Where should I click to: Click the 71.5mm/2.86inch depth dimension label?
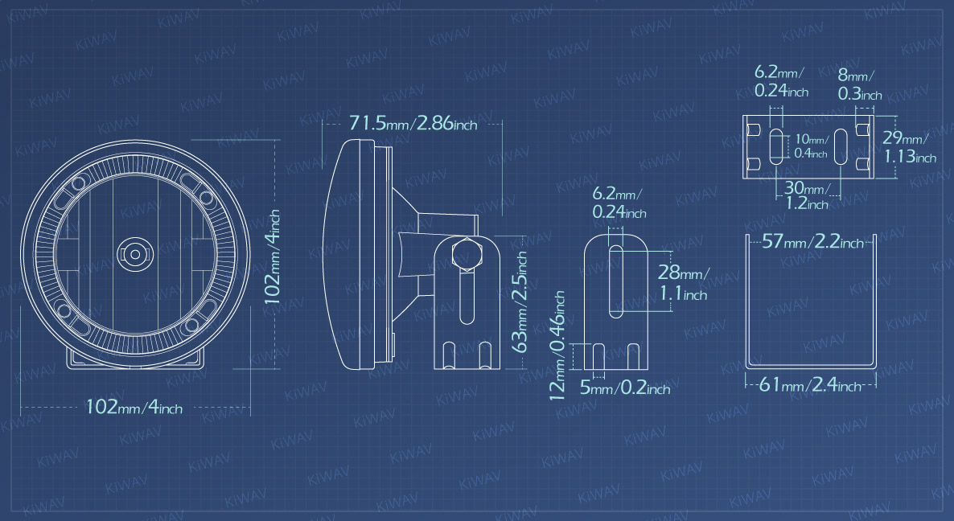coord(413,123)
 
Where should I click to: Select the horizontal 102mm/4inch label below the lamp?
coord(134,407)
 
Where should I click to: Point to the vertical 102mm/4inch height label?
coord(272,256)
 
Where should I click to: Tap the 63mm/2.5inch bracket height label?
coord(518,302)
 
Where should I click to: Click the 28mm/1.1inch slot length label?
coord(683,283)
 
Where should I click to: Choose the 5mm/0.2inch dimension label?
coord(625,388)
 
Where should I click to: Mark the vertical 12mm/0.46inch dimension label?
coord(558,345)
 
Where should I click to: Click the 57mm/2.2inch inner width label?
coord(813,241)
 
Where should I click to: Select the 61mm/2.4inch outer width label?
coord(810,384)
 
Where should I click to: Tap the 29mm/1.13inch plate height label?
coord(909,148)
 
